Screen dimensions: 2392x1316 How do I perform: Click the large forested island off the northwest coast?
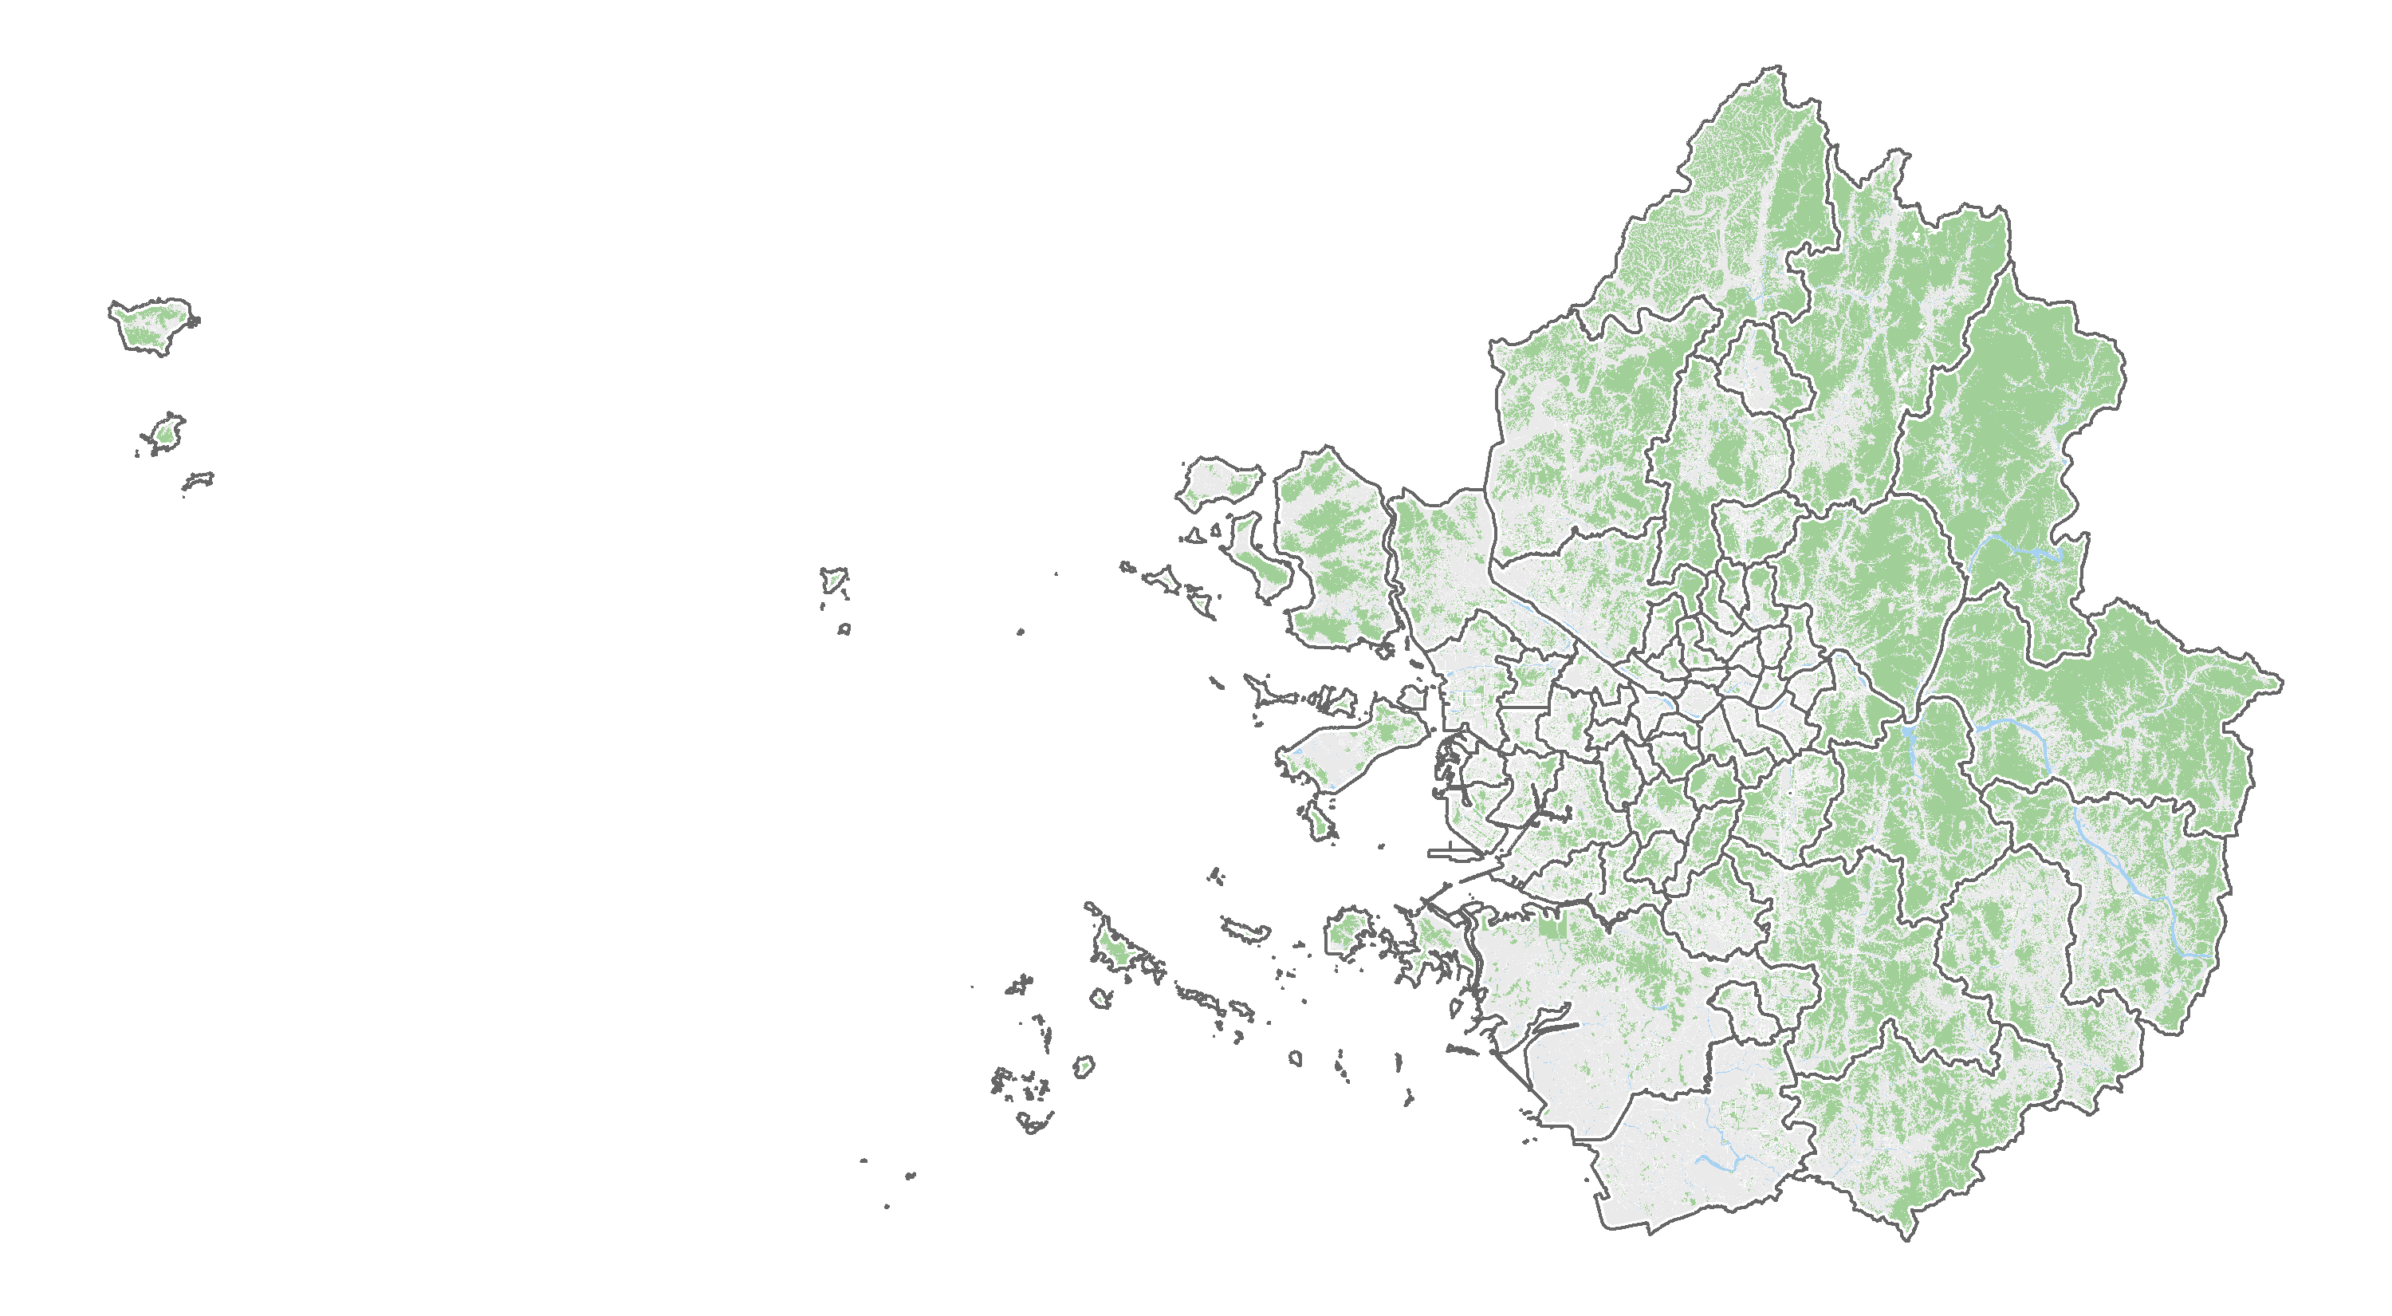[1332, 548]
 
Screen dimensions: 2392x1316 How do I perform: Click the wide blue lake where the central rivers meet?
[1907, 734]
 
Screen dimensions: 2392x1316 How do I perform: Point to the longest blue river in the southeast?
[2126, 873]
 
